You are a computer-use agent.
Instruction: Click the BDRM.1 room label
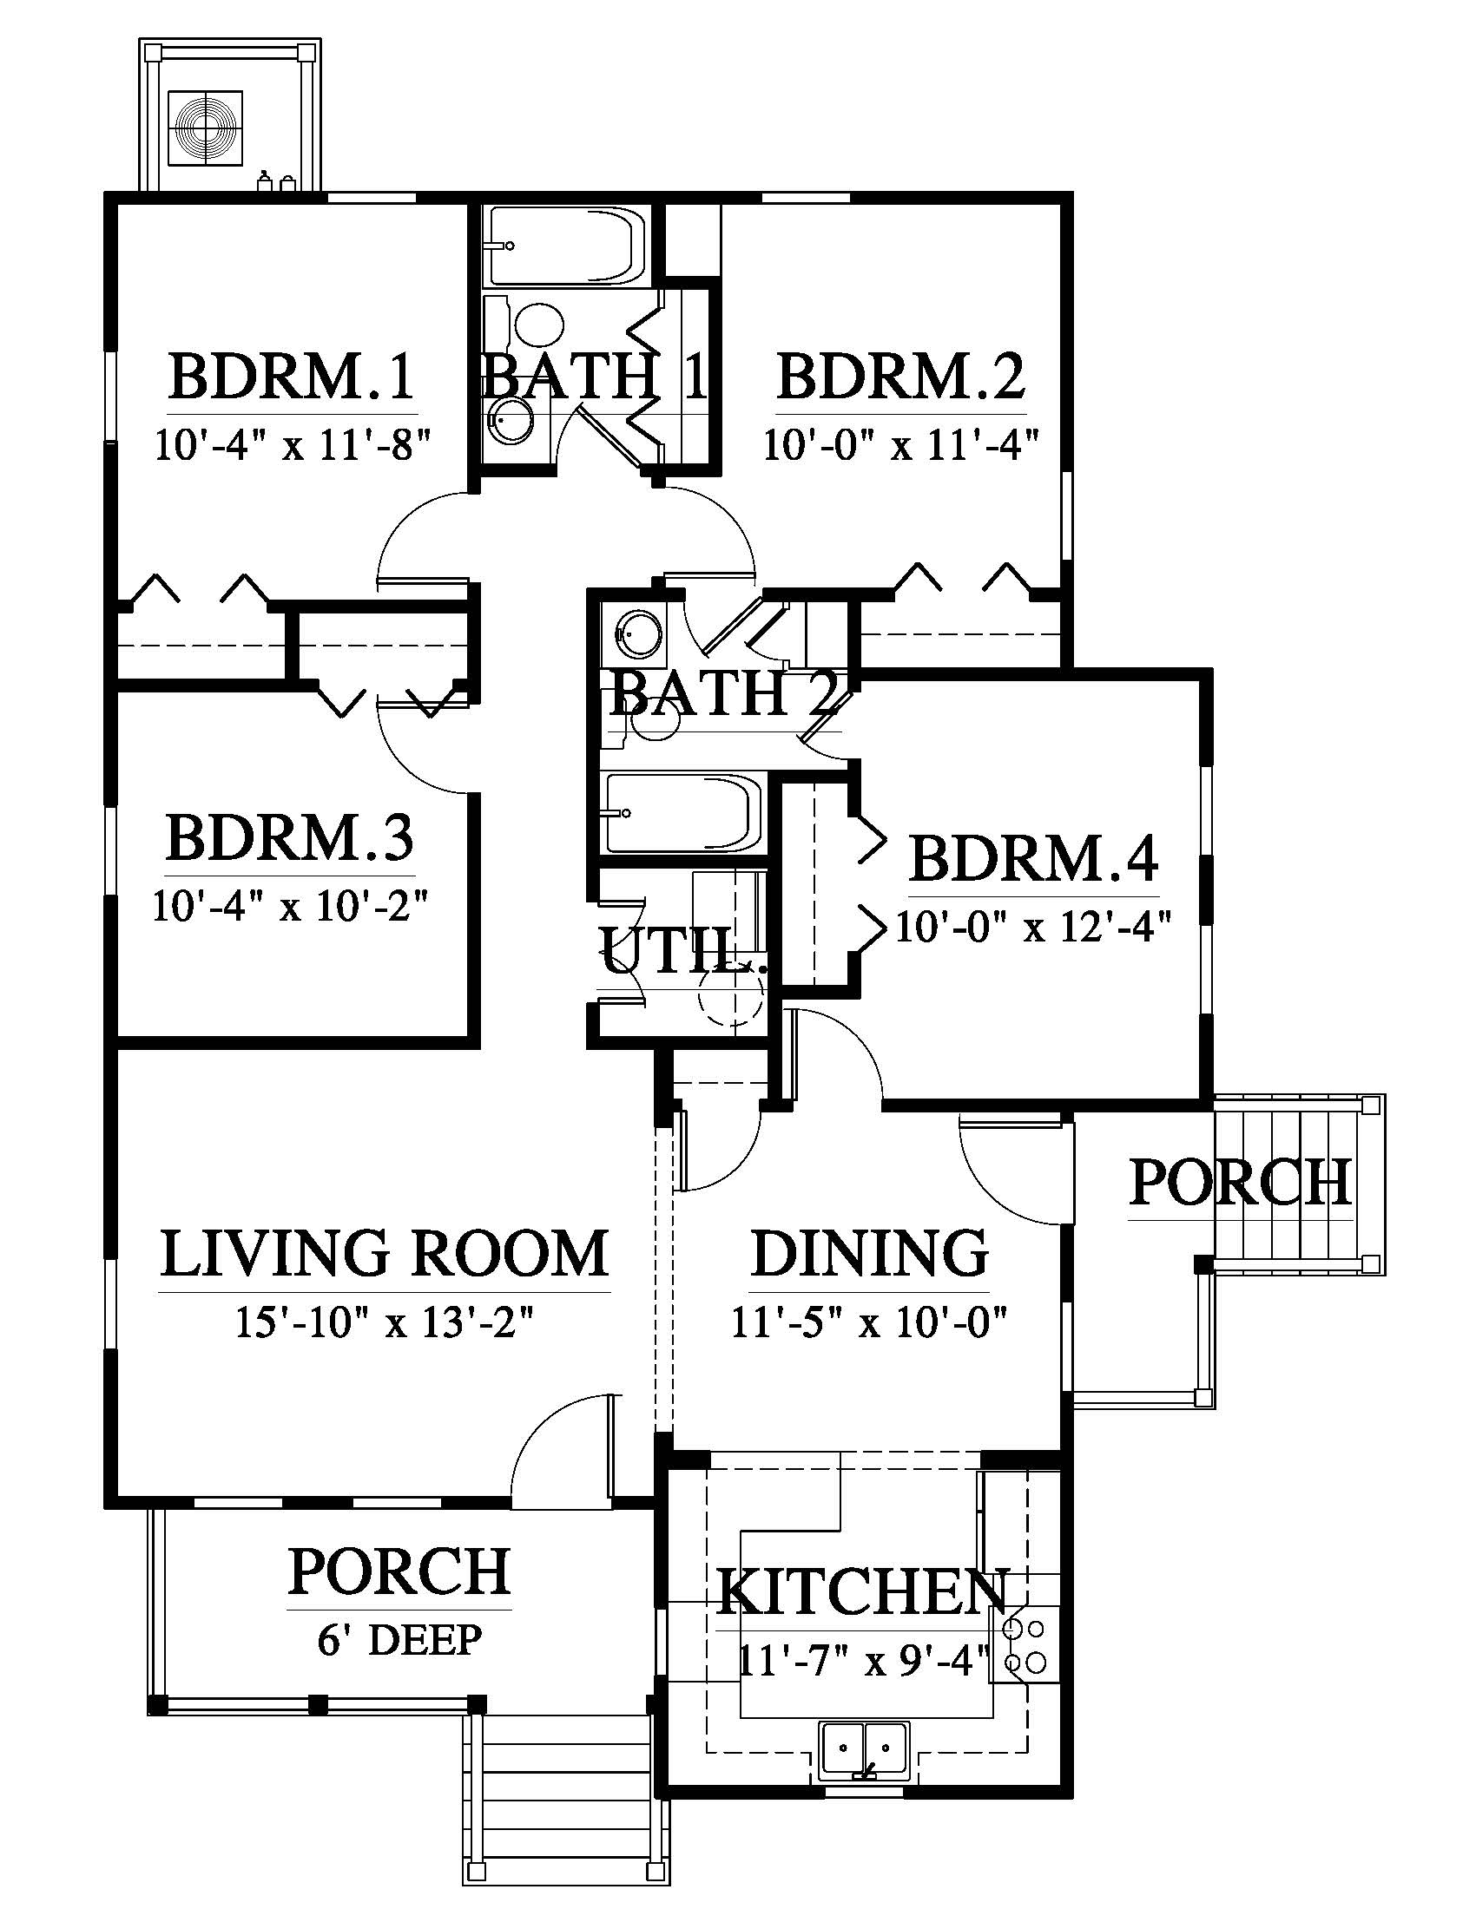click(x=292, y=377)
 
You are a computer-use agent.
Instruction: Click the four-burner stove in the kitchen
click(x=1024, y=1647)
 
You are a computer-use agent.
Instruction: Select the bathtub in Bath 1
click(x=567, y=246)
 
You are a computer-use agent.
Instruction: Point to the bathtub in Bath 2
click(x=682, y=812)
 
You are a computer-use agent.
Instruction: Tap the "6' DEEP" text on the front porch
click(x=399, y=1641)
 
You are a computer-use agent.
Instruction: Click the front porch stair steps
click(x=566, y=1801)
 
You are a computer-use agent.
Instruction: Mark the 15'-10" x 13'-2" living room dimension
click(x=385, y=1322)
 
